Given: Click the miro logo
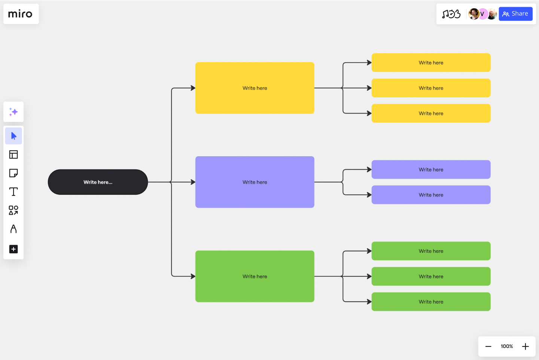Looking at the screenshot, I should point(20,14).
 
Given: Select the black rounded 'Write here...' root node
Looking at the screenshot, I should point(98,182).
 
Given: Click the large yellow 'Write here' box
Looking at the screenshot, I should point(255,88).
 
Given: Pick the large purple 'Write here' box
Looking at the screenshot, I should point(255,182).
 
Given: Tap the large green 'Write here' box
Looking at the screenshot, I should point(255,276).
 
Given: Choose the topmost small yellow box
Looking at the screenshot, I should point(431,63).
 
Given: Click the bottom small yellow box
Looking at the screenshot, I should point(431,113).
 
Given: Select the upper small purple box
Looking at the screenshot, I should point(431,169).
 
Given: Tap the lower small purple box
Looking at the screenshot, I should point(431,195).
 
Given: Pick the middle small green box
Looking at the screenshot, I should point(431,276).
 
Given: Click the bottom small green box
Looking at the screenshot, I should point(431,302).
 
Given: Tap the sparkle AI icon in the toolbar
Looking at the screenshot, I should point(13,112).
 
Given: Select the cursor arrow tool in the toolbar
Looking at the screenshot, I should point(13,136).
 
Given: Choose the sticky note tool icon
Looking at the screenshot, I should point(13,173).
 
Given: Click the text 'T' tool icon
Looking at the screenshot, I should point(13,192).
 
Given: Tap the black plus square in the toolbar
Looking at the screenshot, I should point(13,249).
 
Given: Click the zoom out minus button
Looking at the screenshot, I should point(488,347).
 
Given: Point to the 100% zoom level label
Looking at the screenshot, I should point(507,347).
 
